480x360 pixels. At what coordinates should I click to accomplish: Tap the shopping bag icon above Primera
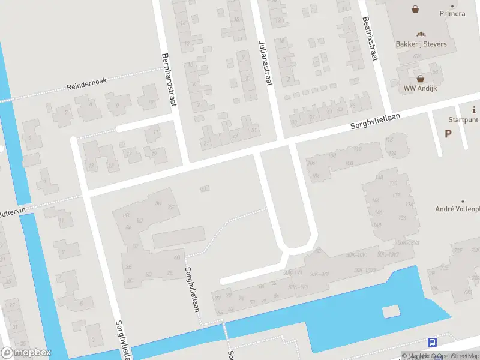(x=415, y=9)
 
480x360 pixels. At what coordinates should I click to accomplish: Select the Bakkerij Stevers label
(x=421, y=44)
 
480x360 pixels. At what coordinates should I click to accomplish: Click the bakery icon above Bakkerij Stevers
(x=421, y=34)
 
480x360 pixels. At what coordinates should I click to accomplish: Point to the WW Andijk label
(x=421, y=88)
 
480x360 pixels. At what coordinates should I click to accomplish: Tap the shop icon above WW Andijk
(x=421, y=78)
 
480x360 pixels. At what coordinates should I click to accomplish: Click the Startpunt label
(x=463, y=120)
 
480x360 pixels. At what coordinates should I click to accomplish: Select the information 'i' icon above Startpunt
(x=474, y=110)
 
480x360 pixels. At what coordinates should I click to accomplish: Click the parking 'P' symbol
(x=448, y=133)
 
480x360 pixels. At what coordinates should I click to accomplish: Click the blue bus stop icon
(x=432, y=342)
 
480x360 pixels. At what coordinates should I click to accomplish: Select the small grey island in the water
(x=390, y=311)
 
